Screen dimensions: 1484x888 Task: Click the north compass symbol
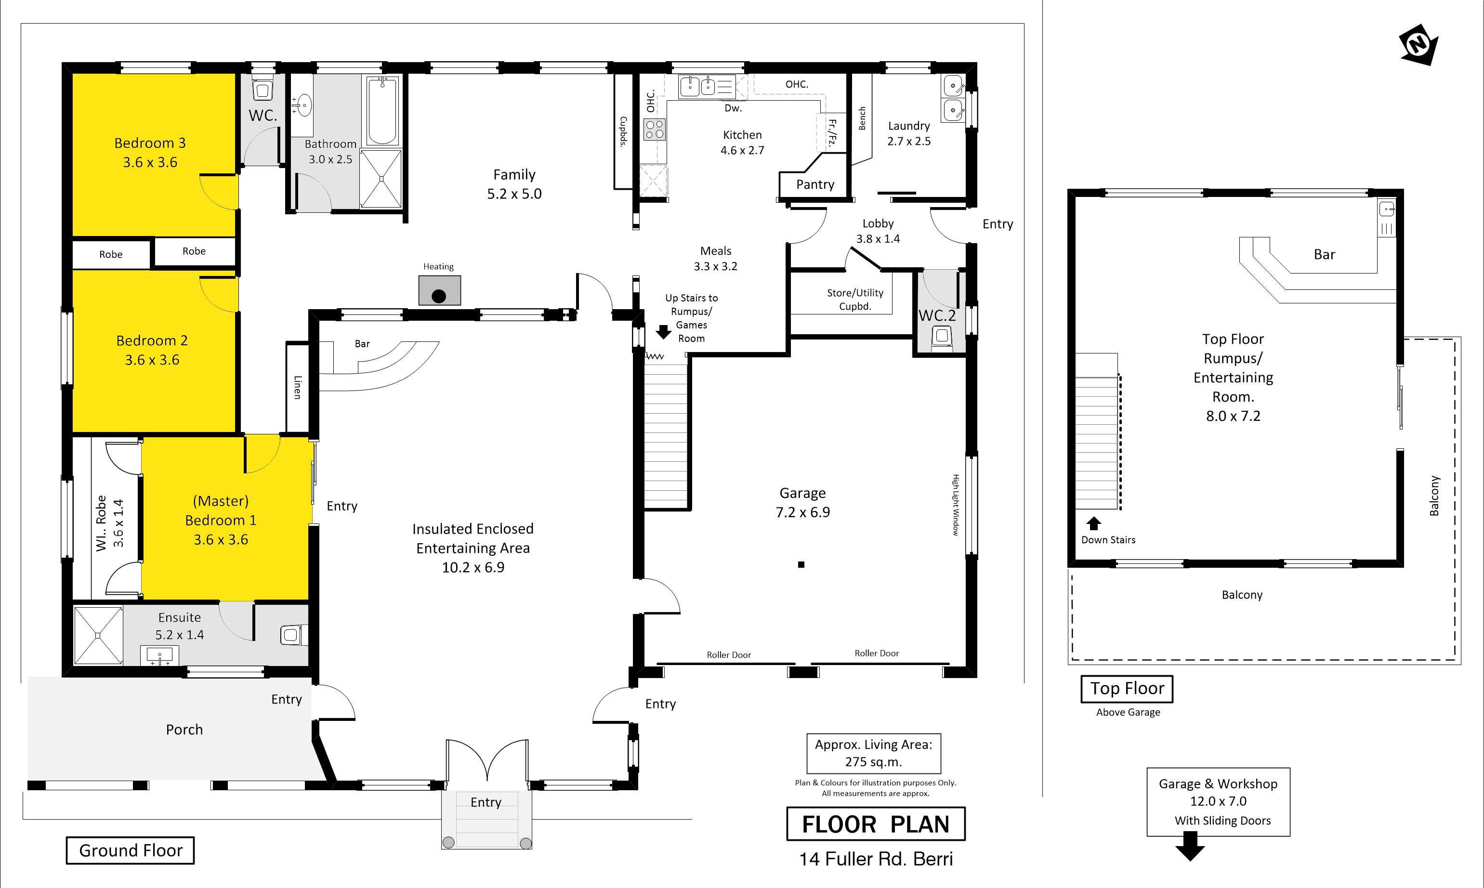1419,44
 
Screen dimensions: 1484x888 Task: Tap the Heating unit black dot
439,296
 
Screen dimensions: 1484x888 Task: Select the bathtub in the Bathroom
382,111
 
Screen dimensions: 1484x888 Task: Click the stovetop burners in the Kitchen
655,129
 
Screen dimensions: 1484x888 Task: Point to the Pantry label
815,184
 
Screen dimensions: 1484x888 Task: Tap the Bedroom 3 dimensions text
150,162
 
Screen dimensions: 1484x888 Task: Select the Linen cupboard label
297,387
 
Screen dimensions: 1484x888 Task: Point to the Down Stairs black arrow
1094,523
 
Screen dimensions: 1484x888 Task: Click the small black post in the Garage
801,564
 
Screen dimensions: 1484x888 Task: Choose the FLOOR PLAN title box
876,824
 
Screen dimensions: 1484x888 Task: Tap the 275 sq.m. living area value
874,762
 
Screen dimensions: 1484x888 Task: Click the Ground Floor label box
131,850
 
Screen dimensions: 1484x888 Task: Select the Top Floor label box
1127,689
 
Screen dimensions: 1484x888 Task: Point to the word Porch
184,730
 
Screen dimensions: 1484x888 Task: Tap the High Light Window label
956,505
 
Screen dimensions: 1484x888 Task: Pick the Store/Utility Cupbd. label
855,299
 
